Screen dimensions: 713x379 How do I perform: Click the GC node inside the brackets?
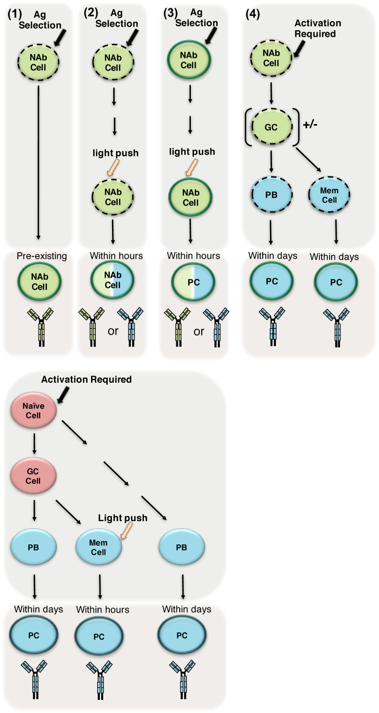[x=271, y=127]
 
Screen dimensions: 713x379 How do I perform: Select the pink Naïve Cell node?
[x=33, y=411]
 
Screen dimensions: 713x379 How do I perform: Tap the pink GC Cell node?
[x=33, y=476]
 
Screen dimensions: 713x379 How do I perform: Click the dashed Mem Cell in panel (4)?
[x=329, y=195]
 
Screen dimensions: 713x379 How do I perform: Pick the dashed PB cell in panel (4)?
[x=271, y=195]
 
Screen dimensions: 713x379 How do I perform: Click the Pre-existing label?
[x=42, y=256]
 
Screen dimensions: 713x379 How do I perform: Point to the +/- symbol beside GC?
[x=310, y=124]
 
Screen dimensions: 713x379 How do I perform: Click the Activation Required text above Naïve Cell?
[x=86, y=379]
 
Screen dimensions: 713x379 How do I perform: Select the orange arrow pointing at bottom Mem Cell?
[x=126, y=531]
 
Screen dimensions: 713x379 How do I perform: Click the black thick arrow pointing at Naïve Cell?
[x=63, y=395]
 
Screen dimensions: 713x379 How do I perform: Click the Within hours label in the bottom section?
[x=102, y=609]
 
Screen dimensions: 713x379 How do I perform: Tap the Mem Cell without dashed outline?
[x=98, y=547]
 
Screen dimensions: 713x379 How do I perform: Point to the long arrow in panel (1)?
[x=39, y=162]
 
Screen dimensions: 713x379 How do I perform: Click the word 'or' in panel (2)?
[x=113, y=331]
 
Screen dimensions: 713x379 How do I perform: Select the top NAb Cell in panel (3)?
[x=189, y=60]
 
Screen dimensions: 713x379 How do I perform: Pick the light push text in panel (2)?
[x=116, y=153]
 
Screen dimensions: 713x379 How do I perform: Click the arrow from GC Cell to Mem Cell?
[x=68, y=512]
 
